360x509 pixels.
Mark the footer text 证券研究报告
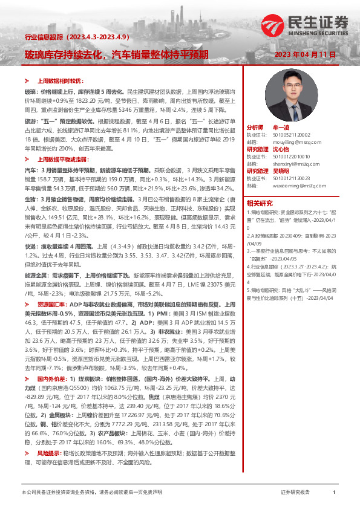coord(295,493)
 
